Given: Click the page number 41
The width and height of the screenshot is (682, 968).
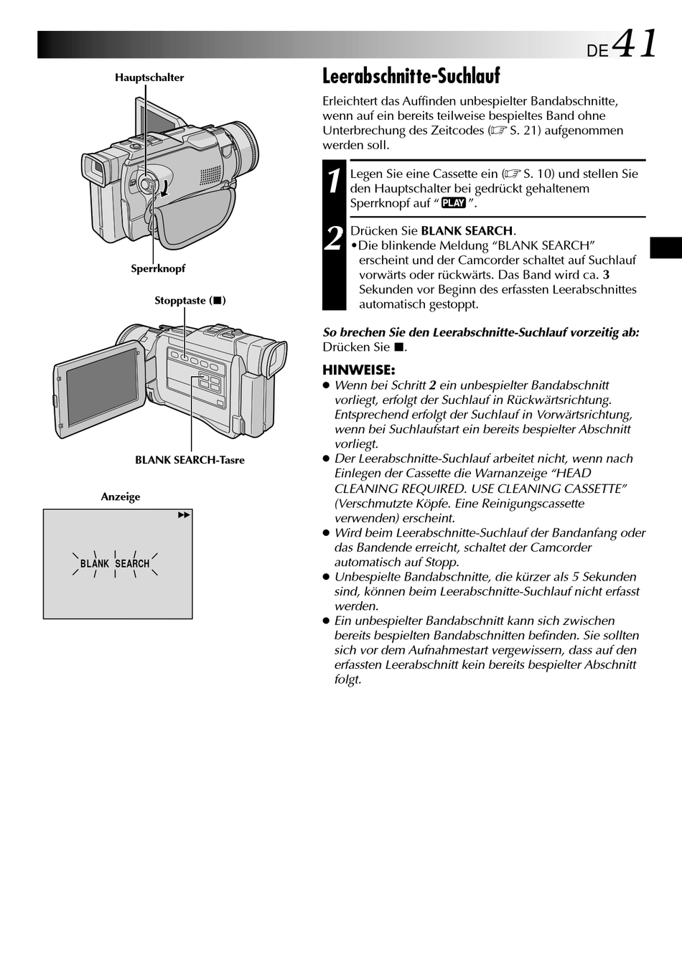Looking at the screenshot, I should (635, 44).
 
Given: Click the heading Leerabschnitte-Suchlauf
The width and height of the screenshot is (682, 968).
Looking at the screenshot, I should (411, 76).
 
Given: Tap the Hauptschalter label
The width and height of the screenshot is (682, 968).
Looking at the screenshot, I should (149, 77).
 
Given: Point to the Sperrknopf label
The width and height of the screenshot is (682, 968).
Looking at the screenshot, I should (158, 268).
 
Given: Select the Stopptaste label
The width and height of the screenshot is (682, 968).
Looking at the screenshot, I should (190, 301).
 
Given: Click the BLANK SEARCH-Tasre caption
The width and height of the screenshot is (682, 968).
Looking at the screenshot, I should (190, 460).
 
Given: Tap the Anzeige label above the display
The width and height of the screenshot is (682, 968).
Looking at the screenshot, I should (121, 497).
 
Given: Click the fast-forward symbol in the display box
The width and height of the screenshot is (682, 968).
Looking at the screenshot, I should (184, 515).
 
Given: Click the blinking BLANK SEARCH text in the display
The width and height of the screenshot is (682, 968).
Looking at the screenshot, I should (115, 564).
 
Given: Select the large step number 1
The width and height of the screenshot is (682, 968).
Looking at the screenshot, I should (334, 182).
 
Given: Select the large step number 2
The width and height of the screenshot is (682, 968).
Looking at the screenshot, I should (334, 238).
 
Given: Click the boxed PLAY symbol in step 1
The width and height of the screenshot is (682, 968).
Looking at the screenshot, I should (454, 203).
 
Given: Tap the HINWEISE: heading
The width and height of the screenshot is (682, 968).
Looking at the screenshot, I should (358, 370).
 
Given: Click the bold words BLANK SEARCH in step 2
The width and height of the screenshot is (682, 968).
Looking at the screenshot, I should (467, 231).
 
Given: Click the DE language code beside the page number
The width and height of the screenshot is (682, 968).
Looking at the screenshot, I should (597, 51).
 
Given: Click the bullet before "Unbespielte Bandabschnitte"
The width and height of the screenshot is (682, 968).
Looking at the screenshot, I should (326, 578).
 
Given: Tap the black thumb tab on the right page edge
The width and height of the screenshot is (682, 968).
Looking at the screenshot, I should (665, 247).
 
